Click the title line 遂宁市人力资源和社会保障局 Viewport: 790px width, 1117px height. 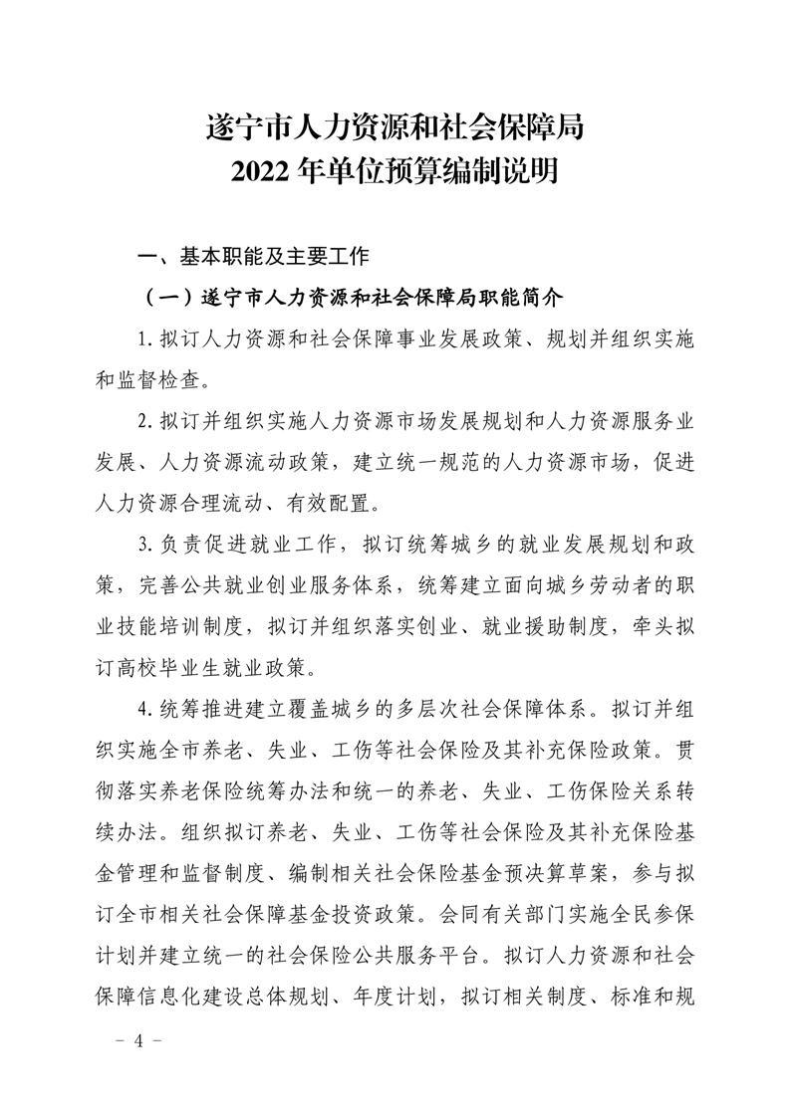tap(395, 127)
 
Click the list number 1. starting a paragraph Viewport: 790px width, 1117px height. tap(144, 338)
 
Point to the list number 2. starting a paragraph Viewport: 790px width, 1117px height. tap(144, 421)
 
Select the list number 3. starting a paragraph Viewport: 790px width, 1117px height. tap(144, 545)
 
